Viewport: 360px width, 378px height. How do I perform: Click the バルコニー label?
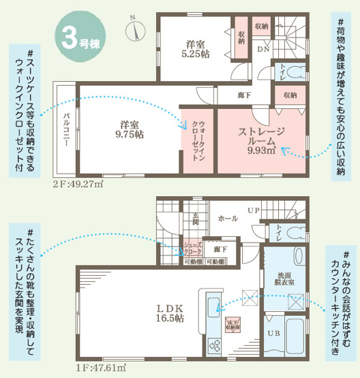tap(66, 129)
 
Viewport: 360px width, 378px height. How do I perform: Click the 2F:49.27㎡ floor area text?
tap(78, 185)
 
